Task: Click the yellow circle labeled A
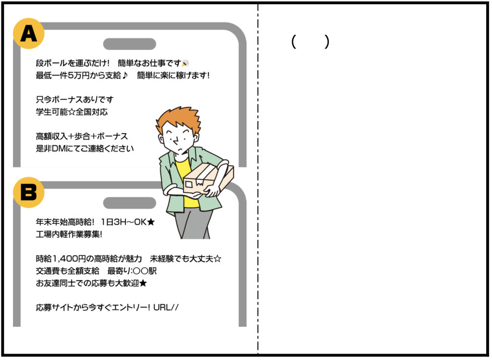(x=28, y=34)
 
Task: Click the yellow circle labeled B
(x=28, y=192)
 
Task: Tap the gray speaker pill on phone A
(x=130, y=44)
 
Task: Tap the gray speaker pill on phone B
(x=130, y=203)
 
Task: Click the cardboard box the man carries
(x=208, y=180)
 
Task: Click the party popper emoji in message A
(x=185, y=63)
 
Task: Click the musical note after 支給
(x=125, y=75)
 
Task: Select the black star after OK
(x=151, y=222)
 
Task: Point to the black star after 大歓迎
(x=143, y=284)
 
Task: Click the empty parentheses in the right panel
(x=310, y=41)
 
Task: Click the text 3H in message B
(x=120, y=222)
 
